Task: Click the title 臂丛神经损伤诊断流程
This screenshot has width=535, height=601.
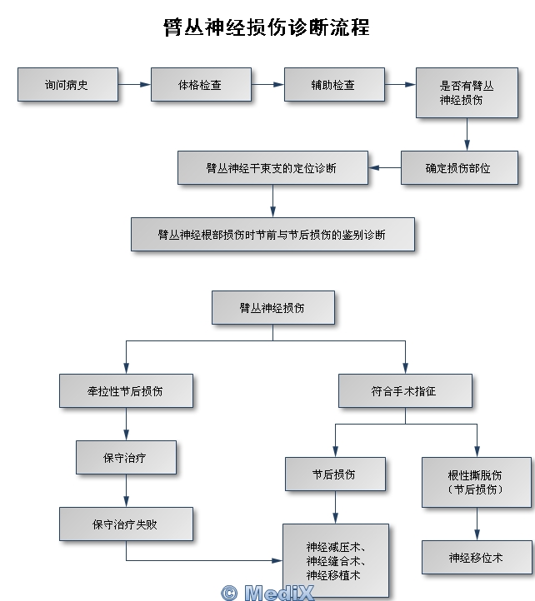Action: [267, 27]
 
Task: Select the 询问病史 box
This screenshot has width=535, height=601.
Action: [67, 85]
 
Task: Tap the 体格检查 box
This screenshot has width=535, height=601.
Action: [201, 85]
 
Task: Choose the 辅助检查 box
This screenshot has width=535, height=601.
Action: [334, 85]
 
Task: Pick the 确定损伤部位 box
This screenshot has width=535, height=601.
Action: [459, 167]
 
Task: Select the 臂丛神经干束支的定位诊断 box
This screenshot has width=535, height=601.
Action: [272, 167]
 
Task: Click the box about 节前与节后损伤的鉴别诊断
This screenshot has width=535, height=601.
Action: [272, 234]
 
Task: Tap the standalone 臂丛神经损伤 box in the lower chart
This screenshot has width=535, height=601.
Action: [273, 307]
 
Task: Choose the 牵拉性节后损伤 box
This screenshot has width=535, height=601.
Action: [126, 390]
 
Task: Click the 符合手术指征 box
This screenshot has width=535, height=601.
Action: [406, 390]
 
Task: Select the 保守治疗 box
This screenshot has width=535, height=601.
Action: [126, 457]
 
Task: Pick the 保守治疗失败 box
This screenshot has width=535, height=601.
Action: [126, 524]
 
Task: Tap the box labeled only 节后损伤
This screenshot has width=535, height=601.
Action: [335, 474]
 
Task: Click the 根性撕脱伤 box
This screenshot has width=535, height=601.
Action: [477, 482]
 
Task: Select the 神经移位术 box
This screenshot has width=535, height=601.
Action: [477, 557]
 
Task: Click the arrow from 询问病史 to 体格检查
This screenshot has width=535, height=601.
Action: [134, 84]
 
